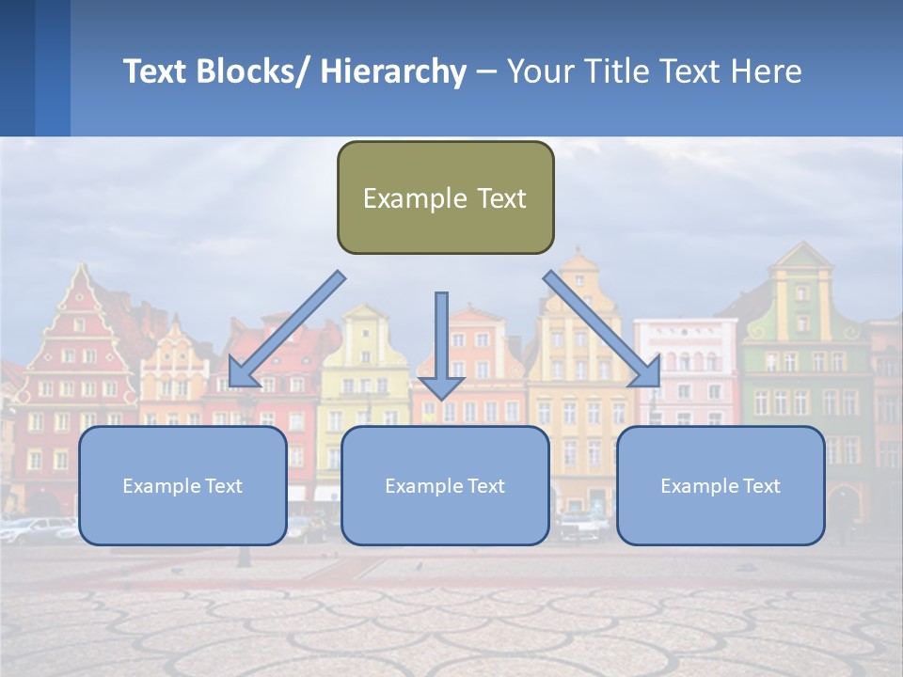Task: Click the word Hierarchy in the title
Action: pos(393,71)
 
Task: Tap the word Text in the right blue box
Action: pos(760,485)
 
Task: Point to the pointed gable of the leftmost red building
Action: pos(81,291)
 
